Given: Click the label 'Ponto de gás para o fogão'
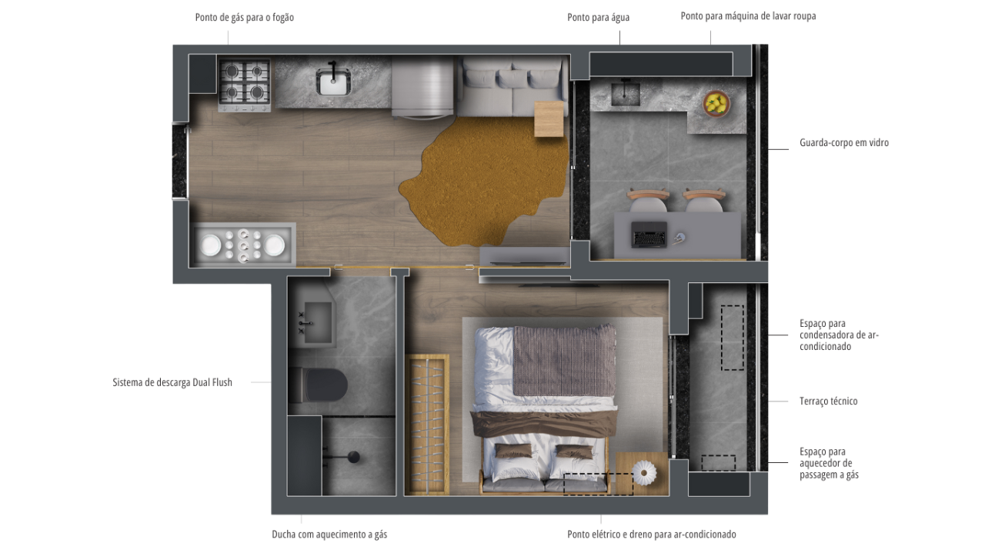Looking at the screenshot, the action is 245,18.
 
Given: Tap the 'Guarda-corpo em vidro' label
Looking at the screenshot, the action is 844,143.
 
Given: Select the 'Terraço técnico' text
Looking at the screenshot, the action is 829,401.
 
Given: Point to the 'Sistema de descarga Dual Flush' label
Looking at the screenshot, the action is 172,382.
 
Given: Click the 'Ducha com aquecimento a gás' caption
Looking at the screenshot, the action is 329,535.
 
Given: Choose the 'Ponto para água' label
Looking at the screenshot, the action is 598,18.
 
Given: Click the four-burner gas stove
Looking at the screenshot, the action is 245,85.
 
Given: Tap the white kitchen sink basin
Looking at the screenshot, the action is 333,82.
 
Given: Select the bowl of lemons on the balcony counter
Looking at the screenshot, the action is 716,104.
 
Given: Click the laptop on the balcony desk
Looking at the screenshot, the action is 649,235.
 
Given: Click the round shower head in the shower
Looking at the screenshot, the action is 353,457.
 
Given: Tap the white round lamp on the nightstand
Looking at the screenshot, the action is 644,474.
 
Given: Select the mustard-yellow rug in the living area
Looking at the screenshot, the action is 484,180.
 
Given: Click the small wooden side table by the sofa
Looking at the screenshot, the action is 549,118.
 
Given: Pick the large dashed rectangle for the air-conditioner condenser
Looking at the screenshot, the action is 732,338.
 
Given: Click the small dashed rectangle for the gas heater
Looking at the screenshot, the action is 718,463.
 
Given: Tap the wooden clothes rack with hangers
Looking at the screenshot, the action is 427,425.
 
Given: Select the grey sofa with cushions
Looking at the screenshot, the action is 513,88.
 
